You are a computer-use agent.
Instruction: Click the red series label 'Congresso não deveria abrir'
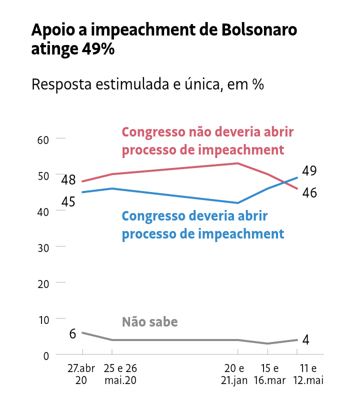point(207,132)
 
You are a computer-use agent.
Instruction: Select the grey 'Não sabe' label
point(149,321)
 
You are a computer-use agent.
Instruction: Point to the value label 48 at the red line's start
point(68,179)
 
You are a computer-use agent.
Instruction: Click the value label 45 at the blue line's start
point(68,201)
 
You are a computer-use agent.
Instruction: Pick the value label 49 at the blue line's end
point(309,170)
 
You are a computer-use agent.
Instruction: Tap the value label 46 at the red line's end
point(309,192)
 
